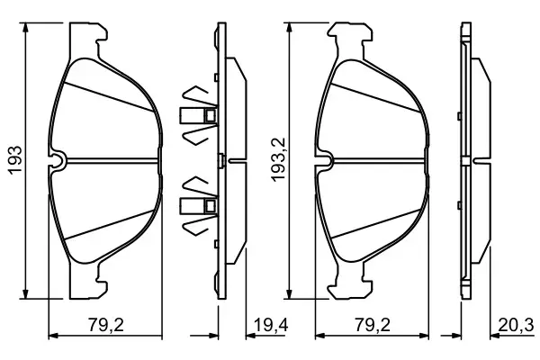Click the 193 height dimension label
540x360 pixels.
(x=15, y=160)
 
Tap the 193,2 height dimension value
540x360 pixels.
(x=278, y=159)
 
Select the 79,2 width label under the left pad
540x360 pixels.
(x=105, y=325)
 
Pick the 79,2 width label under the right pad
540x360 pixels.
(x=373, y=325)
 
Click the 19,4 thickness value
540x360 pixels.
(x=271, y=325)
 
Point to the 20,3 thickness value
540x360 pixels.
(x=516, y=325)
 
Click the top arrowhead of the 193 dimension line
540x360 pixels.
(x=25, y=28)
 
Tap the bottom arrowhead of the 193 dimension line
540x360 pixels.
(x=25, y=293)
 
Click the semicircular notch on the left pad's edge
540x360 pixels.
(x=58, y=161)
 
